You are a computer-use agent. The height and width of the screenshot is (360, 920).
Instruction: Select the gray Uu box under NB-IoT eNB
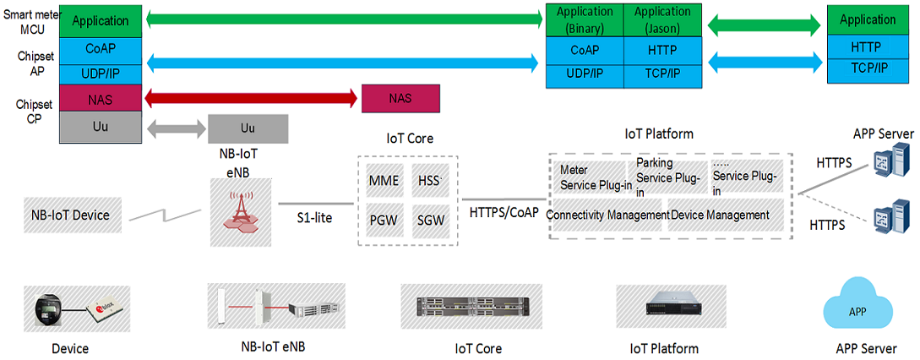point(248,128)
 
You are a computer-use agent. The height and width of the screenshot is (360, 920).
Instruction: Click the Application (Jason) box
point(662,19)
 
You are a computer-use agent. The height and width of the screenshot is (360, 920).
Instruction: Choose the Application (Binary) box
point(585,19)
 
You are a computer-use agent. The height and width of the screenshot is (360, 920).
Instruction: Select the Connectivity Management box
point(608,215)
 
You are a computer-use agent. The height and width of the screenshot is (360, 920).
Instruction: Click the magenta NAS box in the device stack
point(100,99)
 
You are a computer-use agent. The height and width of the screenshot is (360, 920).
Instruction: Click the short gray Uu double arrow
point(177,129)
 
